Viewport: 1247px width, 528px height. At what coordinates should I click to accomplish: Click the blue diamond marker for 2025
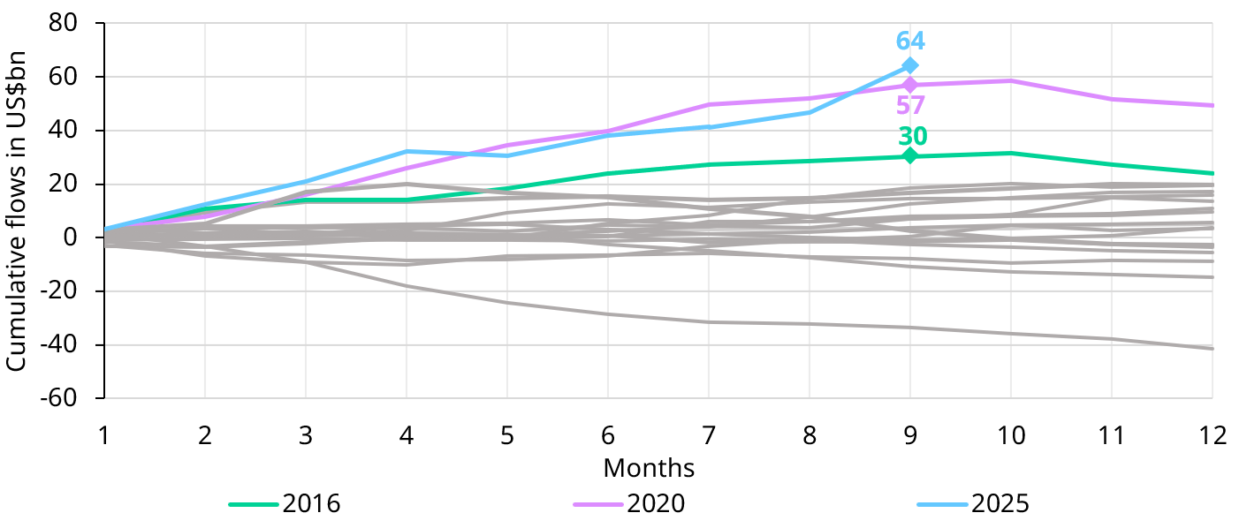coord(909,65)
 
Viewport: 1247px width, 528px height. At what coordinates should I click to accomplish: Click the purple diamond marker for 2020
coord(909,85)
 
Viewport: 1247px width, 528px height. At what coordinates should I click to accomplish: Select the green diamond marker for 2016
coord(909,156)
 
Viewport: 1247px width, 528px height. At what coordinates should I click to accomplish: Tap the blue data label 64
coord(910,41)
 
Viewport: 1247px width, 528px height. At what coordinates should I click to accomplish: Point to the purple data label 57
coord(910,106)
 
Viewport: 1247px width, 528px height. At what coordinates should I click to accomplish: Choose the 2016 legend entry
coord(285,504)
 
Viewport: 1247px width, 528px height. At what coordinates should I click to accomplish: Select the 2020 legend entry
coord(629,504)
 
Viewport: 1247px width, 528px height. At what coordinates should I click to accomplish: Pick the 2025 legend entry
coord(974,504)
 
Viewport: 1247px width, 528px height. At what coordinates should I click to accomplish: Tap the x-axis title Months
coord(649,467)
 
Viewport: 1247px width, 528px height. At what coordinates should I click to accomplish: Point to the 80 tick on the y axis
coord(69,23)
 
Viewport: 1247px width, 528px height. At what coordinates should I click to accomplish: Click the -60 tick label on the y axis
coord(64,398)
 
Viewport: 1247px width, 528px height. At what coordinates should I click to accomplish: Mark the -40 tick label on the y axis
coord(64,344)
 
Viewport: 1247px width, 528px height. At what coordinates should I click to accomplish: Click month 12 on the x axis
coord(1212,435)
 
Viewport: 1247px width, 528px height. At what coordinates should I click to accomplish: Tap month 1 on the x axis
coord(104,435)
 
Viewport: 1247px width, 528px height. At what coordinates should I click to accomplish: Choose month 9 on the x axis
coord(909,435)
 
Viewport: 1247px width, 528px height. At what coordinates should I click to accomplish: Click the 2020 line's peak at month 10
coord(1010,81)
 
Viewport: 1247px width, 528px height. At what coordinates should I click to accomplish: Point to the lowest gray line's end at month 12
coord(1212,349)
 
